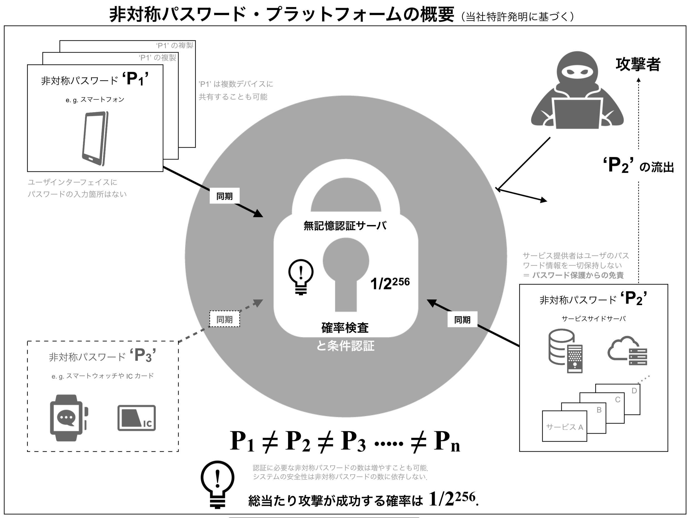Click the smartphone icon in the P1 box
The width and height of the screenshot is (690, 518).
tap(95, 138)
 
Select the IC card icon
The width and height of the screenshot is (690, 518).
tap(136, 418)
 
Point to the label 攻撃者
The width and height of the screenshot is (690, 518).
tap(638, 64)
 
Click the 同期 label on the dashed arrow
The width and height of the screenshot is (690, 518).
tap(224, 319)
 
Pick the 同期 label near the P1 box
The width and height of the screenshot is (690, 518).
tap(224, 196)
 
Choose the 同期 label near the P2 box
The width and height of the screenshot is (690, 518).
tap(462, 320)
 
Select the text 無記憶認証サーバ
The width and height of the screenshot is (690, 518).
tap(345, 225)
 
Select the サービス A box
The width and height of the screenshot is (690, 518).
tap(564, 426)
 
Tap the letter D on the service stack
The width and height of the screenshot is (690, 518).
tap(634, 391)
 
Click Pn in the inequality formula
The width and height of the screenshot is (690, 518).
tap(447, 442)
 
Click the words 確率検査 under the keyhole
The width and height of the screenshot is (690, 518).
tap(345, 327)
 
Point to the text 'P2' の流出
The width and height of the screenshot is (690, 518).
tap(638, 165)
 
